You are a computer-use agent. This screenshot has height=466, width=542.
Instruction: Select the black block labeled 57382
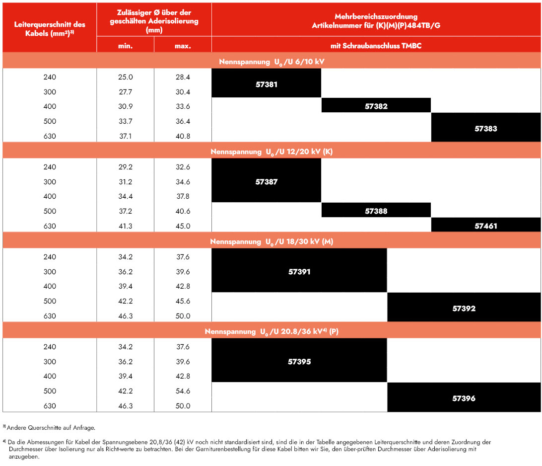click(x=376, y=105)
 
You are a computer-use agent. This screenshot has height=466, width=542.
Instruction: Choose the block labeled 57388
click(x=376, y=210)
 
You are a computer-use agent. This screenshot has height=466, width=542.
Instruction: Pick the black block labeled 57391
click(x=299, y=270)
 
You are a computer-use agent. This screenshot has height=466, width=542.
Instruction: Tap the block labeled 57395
click(x=299, y=360)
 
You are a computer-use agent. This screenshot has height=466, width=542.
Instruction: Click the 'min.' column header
click(x=126, y=46)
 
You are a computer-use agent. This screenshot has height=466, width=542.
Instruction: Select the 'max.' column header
click(x=183, y=46)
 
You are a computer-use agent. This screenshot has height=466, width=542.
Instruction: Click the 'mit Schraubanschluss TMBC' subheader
click(x=376, y=46)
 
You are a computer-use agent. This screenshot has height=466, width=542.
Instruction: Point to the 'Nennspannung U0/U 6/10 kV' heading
click(x=271, y=62)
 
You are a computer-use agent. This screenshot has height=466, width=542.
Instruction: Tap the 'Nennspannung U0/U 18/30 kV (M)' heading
click(x=271, y=242)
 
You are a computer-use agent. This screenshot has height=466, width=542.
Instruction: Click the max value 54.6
click(x=183, y=391)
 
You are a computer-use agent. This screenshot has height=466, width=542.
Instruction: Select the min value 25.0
click(x=126, y=77)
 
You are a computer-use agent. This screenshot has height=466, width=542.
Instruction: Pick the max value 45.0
click(x=183, y=226)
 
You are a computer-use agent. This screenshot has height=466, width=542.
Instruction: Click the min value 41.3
click(x=126, y=226)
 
